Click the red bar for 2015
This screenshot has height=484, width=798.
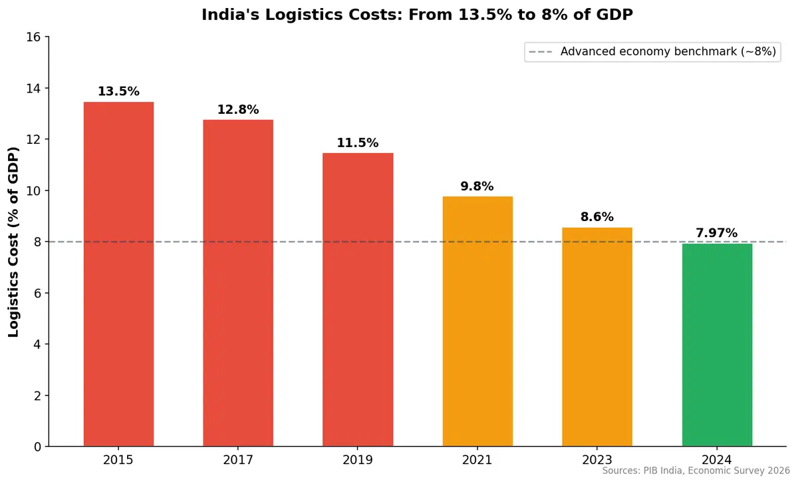pos(118,274)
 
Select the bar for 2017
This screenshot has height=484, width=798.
pos(238,283)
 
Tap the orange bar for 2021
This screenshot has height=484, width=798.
pos(477,321)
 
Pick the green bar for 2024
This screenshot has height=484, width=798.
pos(717,345)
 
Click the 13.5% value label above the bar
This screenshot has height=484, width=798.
pos(118,92)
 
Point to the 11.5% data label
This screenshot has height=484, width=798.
pos(358,143)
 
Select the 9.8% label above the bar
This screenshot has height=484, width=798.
pos(477,186)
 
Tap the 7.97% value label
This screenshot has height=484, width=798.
pos(717,233)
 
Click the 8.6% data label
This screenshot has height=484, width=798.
pos(597,217)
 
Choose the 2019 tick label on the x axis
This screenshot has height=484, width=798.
pos(358,460)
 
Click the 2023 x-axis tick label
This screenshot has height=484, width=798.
pos(597,460)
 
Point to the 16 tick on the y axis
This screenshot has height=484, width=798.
pos(34,37)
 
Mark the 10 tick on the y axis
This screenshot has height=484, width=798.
pos(34,191)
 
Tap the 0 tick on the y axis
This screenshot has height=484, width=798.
pos(37,447)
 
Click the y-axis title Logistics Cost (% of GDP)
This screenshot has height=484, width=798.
pos(14,242)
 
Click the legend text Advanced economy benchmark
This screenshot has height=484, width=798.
pos(668,52)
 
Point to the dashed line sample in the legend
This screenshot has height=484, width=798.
pos(541,52)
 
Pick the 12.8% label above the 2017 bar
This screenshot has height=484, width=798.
pos(238,110)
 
